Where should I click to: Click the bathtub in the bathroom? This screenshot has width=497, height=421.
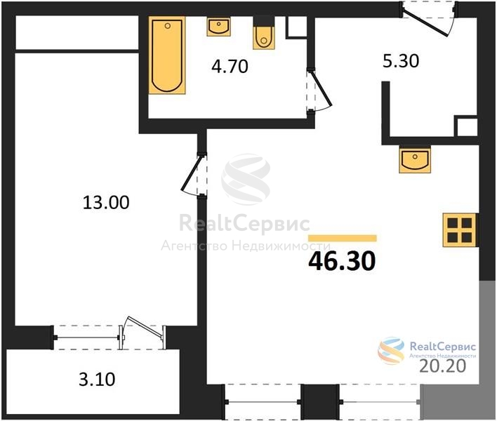(167, 55)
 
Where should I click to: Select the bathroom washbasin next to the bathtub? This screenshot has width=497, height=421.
(219, 27)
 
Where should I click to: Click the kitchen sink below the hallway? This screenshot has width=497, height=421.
(415, 160)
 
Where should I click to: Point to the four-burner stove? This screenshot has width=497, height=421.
(460, 230)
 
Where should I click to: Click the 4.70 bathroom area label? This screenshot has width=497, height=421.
(230, 67)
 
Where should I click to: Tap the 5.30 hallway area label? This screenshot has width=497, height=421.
(401, 61)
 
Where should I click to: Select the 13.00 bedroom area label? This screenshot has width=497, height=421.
(106, 202)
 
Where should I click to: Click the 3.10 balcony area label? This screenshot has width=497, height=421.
(97, 379)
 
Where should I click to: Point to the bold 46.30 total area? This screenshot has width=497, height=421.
(342, 261)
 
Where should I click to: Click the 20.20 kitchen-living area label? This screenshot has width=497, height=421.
(443, 366)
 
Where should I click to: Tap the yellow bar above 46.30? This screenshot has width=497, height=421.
(343, 239)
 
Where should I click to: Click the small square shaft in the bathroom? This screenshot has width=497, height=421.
(296, 27)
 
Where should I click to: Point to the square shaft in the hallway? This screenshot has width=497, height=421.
(465, 126)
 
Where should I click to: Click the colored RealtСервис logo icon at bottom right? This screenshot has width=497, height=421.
(391, 351)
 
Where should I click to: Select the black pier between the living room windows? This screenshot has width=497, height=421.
(320, 401)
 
